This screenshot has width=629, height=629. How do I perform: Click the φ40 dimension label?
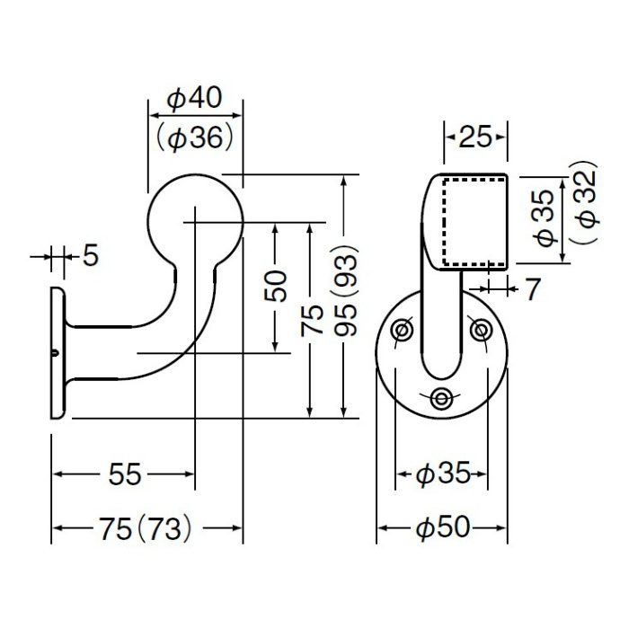pos(195,97)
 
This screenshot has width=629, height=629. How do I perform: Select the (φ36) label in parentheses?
pos(195,138)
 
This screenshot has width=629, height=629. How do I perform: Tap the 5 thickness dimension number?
pos(91,255)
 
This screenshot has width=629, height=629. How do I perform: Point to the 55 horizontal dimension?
pos(125,474)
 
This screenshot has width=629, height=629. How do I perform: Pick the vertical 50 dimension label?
pos(277,287)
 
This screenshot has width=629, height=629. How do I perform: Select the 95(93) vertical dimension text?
pos(346,289)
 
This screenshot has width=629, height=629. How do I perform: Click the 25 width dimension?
pos(475,137)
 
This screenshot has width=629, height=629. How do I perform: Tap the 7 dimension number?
pos(532,288)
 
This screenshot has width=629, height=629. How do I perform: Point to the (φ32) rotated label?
pos(584,201)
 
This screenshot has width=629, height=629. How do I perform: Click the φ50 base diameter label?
pos(443,527)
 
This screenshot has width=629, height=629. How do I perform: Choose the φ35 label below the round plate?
pos(443,474)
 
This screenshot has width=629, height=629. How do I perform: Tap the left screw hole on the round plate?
pos(403,330)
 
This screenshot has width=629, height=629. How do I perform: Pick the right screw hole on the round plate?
pos(480,330)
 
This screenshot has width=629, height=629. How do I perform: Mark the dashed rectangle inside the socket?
pos(443,223)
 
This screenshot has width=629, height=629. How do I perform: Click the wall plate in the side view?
pos(57,353)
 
